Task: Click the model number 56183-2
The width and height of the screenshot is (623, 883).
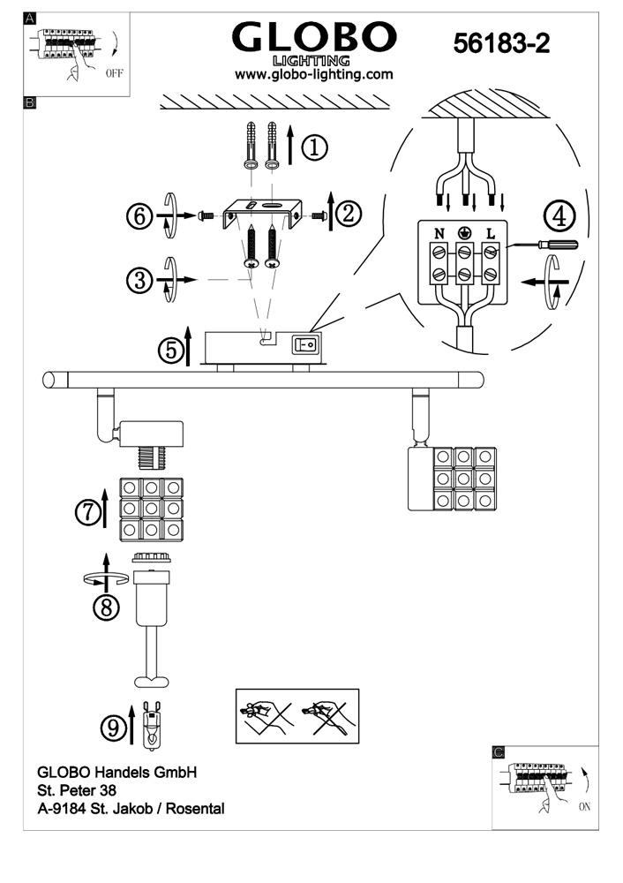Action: [501, 42]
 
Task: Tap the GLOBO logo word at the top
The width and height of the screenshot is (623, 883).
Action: [314, 38]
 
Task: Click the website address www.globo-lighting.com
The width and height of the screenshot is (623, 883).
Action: [313, 74]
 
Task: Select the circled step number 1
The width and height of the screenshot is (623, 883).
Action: [315, 147]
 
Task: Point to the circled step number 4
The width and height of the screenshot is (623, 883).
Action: [560, 217]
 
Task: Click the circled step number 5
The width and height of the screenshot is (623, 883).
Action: [171, 351]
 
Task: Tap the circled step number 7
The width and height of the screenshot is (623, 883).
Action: [88, 513]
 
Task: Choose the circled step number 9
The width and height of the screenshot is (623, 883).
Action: [114, 728]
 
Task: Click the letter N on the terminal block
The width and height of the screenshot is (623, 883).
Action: [439, 232]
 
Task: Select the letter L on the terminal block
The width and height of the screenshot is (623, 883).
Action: [491, 232]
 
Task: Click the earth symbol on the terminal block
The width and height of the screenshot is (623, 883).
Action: [465, 232]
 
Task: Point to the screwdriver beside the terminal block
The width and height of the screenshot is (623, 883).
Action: [542, 245]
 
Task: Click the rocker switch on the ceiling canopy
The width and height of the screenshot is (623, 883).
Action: [305, 344]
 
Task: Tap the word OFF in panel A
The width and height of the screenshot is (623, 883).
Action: [114, 73]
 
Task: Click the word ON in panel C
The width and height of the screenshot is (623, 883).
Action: [585, 806]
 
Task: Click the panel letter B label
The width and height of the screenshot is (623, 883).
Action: [29, 102]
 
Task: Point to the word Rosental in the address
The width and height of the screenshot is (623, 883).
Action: [195, 809]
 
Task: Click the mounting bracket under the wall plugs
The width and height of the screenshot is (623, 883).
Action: [259, 214]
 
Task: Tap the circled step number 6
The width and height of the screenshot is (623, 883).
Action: [139, 216]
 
